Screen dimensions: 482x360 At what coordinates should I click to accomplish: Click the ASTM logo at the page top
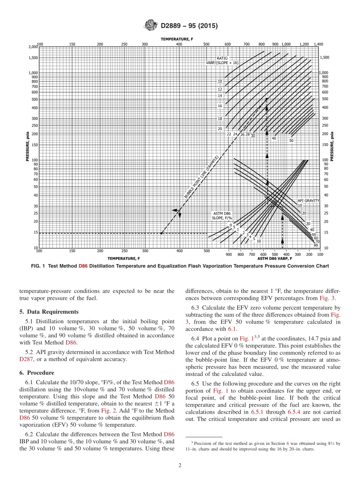[x=151, y=26]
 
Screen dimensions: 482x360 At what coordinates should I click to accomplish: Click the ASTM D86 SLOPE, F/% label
[x=222, y=216]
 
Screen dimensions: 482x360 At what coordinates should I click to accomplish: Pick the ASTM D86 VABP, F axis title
[x=275, y=258]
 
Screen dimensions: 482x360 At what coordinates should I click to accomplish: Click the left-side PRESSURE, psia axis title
[x=28, y=147]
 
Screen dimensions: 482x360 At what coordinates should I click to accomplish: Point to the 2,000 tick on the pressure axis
[x=33, y=47]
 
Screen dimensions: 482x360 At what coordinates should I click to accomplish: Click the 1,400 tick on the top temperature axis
[x=318, y=44]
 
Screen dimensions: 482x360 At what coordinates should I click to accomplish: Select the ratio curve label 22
[x=229, y=134]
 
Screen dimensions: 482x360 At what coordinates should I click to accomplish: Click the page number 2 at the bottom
[x=180, y=466]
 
